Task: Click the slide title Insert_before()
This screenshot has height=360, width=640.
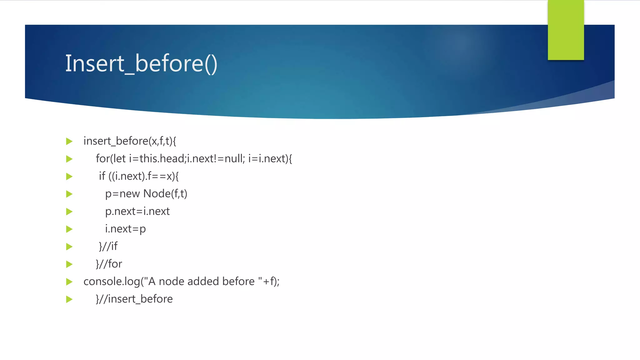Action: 141,63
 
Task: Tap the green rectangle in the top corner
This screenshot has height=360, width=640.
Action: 566,30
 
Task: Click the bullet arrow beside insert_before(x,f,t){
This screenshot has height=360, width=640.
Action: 69,142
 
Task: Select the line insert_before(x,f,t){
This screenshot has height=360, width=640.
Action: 130,141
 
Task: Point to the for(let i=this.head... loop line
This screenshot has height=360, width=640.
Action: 194,159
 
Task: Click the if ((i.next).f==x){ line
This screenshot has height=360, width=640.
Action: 139,176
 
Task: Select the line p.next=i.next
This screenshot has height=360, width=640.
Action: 137,212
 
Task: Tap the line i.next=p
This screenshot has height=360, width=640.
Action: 125,229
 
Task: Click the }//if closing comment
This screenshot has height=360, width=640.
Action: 108,247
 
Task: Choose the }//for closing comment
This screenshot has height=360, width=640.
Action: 109,264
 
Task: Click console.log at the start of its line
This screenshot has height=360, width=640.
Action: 112,282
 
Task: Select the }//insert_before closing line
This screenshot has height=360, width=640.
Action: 134,299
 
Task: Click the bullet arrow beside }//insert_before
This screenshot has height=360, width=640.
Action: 69,299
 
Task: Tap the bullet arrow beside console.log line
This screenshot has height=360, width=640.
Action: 69,282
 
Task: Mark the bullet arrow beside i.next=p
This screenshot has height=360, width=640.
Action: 69,229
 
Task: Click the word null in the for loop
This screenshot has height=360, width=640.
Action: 233,159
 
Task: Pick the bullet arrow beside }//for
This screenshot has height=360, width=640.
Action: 69,264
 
